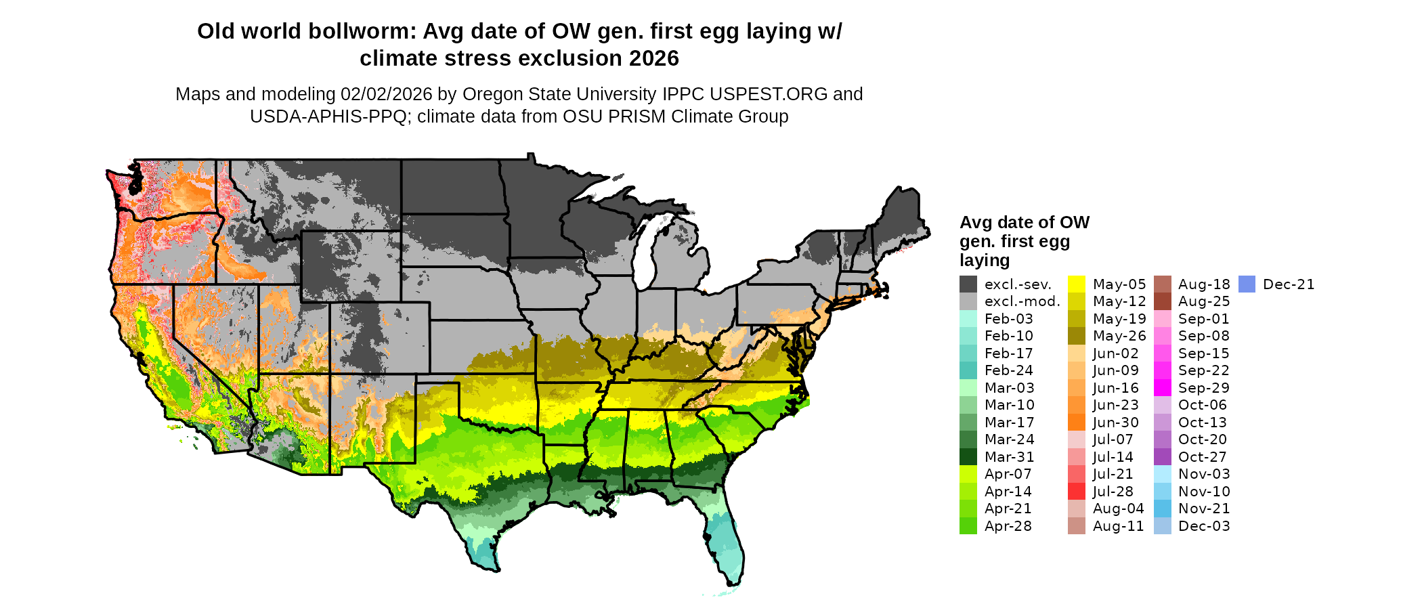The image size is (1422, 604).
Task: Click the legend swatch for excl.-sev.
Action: pos(968,284)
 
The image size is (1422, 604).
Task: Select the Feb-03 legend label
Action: pos(1009,319)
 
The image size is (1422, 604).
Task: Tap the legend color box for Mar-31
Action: pos(968,457)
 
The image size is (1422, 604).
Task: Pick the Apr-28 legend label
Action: pos(1008,526)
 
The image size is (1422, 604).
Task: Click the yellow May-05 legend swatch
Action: pos(1077,284)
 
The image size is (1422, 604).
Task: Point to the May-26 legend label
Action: pos(1119,336)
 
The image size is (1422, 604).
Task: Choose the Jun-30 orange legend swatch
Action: pos(1077,423)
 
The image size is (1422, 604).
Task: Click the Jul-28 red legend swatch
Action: pos(1077,492)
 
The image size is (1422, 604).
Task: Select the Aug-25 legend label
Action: pos(1204,301)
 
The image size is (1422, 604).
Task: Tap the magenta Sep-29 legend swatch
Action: pos(1163,388)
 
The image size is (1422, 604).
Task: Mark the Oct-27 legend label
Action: pos(1203,457)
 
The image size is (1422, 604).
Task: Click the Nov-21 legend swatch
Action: pos(1163,509)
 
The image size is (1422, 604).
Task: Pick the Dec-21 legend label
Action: pos(1289,284)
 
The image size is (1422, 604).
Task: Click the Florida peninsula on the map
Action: pos(726,542)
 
